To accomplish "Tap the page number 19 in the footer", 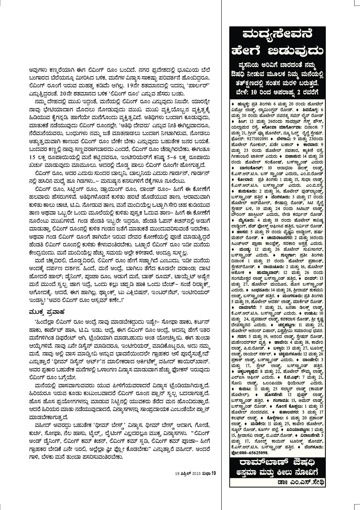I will pyautogui.click(x=214, y=472).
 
